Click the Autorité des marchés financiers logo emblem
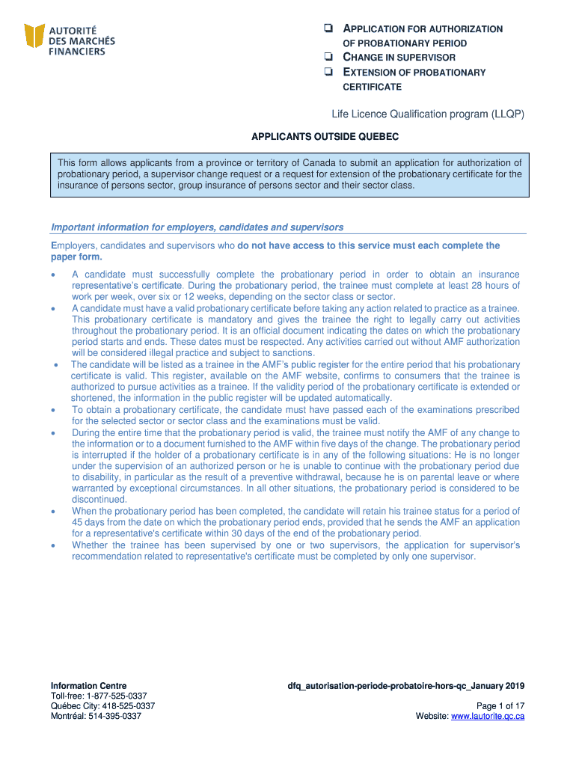(x=34, y=35)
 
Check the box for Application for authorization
(x=328, y=29)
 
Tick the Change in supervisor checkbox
(x=328, y=58)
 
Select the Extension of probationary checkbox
(x=328, y=73)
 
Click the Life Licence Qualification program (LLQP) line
(x=428, y=114)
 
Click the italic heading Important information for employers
(x=197, y=227)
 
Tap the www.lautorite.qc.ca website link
(x=487, y=716)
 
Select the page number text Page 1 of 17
(x=500, y=705)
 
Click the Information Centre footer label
(x=88, y=686)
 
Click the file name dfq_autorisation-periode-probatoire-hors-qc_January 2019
(x=405, y=686)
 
